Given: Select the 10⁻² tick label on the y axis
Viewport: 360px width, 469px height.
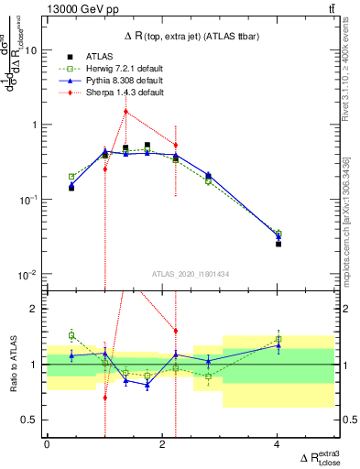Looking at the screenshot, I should [29, 274].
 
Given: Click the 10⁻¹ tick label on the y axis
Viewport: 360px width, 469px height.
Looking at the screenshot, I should [29, 200].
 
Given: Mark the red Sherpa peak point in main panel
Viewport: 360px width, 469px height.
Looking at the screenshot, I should [125, 112].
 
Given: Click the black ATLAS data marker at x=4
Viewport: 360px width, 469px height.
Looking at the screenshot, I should [278, 244].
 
